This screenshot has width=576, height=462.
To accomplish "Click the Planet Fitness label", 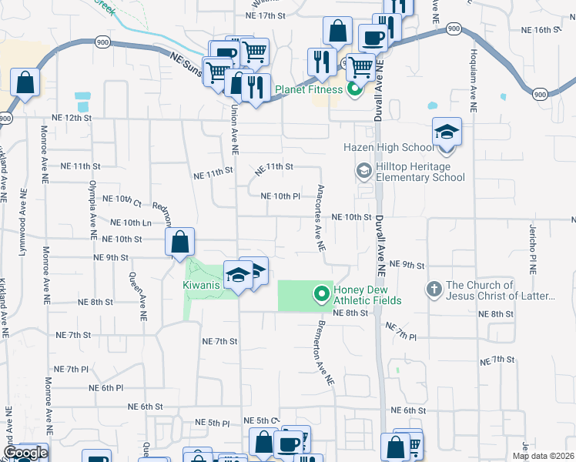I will coord(310,90).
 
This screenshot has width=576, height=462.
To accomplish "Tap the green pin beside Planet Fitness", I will coord(355,90).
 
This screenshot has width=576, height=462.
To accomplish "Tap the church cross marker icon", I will coord(434,290).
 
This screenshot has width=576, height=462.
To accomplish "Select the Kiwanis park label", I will coord(202,285).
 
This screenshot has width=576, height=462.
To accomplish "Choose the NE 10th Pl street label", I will coord(280,196).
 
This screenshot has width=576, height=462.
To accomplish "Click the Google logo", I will coord(25,453).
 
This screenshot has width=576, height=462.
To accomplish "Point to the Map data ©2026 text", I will coord(543,456).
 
